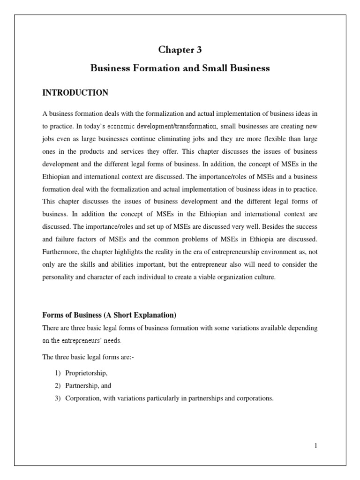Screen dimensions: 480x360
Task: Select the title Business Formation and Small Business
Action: (x=180, y=68)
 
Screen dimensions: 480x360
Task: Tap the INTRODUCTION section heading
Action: (x=75, y=93)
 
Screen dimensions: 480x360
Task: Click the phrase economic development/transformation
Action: (x=162, y=126)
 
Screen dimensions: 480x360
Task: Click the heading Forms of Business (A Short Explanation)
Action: (x=109, y=315)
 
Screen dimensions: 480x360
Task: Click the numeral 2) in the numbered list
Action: (x=52, y=386)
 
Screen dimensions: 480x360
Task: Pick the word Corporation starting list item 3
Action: (x=75, y=398)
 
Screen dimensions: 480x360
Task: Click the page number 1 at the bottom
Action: (x=316, y=445)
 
